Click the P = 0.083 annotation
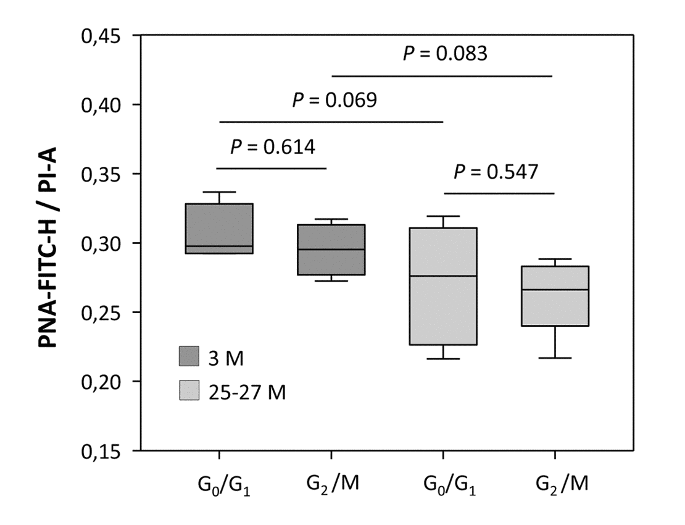click(445, 54)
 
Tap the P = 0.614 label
click(272, 147)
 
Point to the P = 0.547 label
click(496, 172)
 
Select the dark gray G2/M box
click(332, 250)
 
